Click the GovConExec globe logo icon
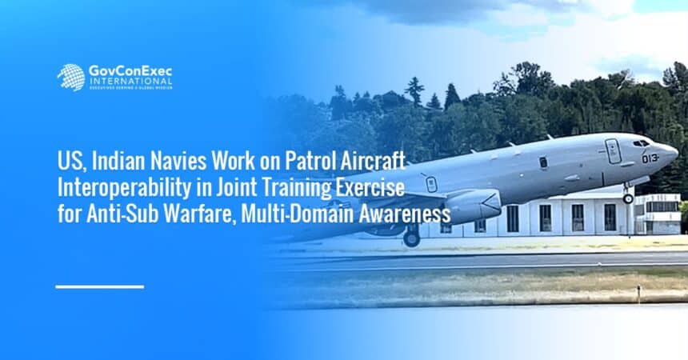coord(71,78)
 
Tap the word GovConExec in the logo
coord(130,71)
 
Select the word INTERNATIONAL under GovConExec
coord(130,82)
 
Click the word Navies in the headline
coord(179,161)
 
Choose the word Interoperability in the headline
coord(124,187)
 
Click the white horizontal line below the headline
coord(100,286)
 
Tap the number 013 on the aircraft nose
coord(650,158)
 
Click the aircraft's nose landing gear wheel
coord(628,198)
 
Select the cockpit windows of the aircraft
coord(641,143)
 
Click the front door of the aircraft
coord(613,151)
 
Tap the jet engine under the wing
coord(473,206)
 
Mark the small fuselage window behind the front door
coord(543,162)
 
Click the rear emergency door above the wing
coord(431,184)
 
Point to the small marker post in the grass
coord(639,294)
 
